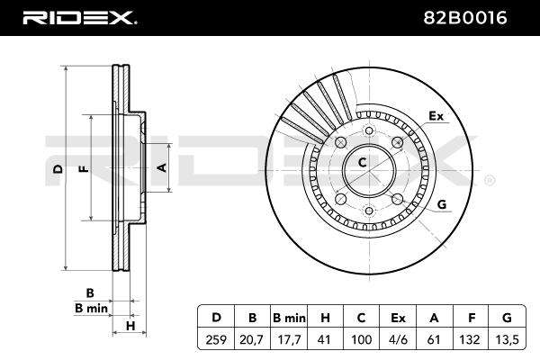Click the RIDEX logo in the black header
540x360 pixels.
click(x=79, y=18)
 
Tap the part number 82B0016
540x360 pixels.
click(x=465, y=18)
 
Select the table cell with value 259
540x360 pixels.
click(x=216, y=339)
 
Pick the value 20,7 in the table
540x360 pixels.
click(x=252, y=340)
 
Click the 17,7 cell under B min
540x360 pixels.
click(x=289, y=340)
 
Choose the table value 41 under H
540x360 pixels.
click(x=325, y=339)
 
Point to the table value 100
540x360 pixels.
click(x=361, y=339)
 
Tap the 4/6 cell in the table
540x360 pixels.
click(x=398, y=339)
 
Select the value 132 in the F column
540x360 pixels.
click(x=471, y=339)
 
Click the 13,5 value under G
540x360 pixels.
click(x=507, y=340)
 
